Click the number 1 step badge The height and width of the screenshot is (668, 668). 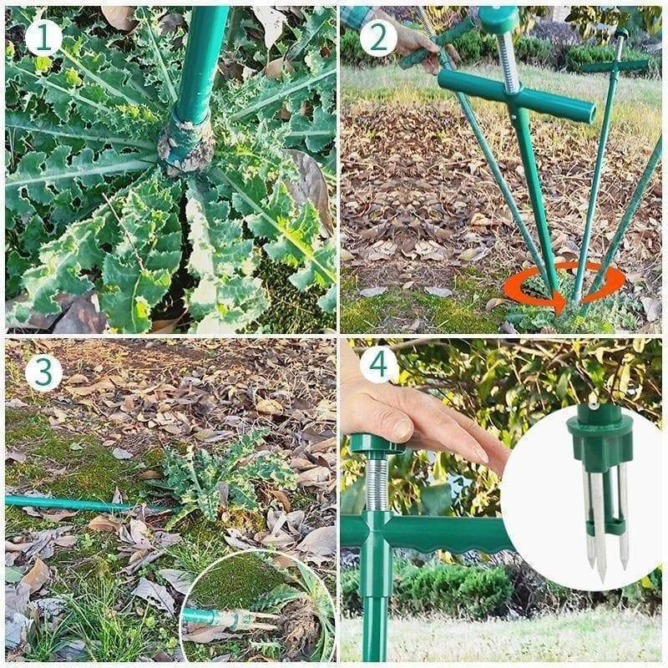(43, 38)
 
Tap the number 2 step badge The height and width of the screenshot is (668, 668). (379, 38)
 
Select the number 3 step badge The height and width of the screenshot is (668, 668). (43, 373)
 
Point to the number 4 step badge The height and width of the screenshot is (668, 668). (379, 365)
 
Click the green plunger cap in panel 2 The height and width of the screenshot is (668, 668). (498, 19)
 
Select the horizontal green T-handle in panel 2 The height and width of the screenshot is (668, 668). (516, 96)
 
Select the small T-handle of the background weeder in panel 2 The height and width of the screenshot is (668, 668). (615, 67)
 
